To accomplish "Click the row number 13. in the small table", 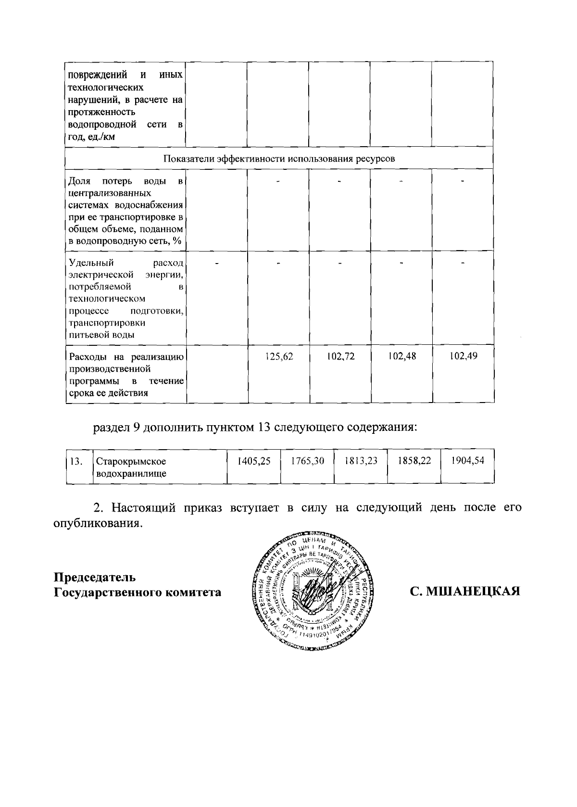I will (x=76, y=462).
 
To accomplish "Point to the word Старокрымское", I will (x=131, y=462).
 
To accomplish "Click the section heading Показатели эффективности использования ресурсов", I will (x=279, y=159).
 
